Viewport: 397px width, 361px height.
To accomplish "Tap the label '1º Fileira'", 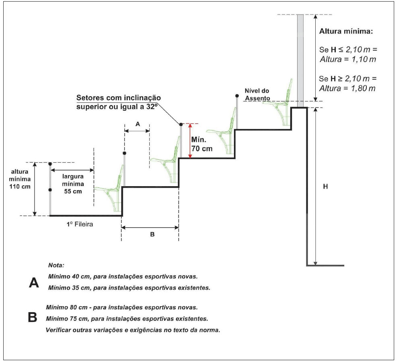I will click(x=80, y=224).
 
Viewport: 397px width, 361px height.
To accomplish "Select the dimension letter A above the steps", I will click(x=137, y=124).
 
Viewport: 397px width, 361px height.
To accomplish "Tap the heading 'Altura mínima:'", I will click(x=345, y=31).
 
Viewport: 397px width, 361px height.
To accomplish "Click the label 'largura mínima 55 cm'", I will click(x=72, y=184).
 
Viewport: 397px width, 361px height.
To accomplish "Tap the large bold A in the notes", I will click(x=34, y=283).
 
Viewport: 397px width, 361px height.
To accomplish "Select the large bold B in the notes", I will click(x=33, y=318).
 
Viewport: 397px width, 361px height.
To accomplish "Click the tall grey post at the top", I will click(x=300, y=60).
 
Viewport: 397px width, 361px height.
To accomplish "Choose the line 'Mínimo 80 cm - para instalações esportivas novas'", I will click(x=122, y=307).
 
